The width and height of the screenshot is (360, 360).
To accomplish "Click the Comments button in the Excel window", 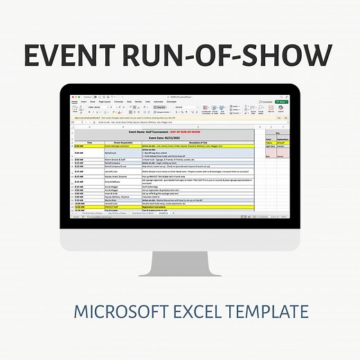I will pyautogui.click(x=266, y=101).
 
